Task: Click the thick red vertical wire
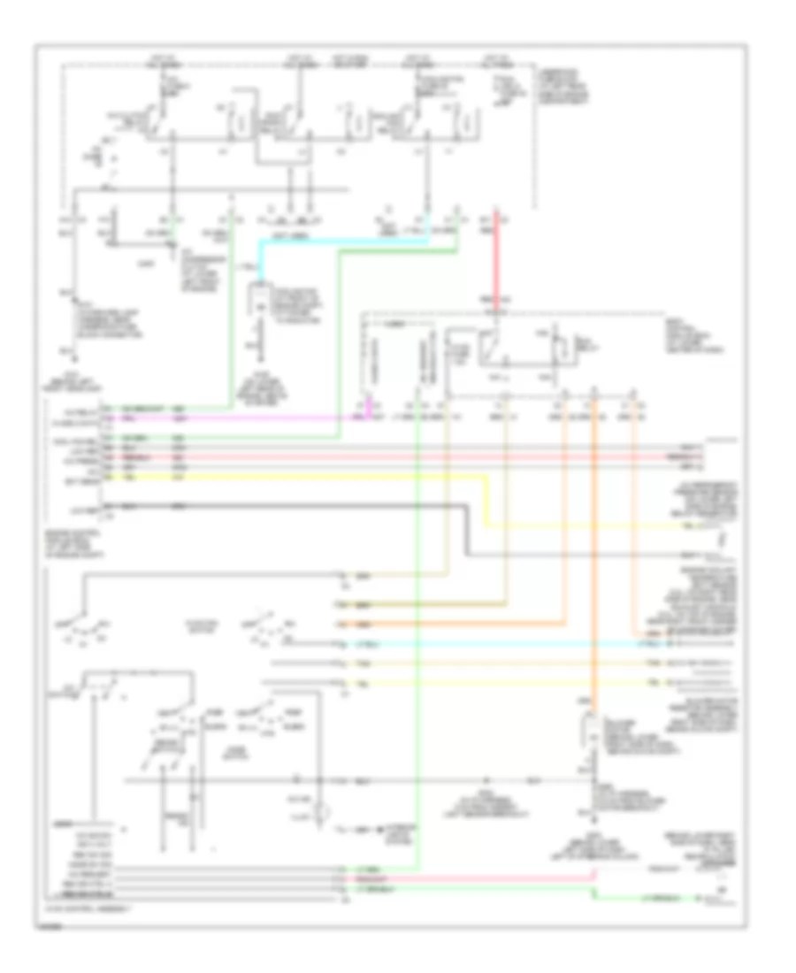pyautogui.click(x=494, y=265)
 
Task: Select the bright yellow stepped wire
pyautogui.click(x=292, y=479)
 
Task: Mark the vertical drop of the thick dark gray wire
pyautogui.click(x=466, y=531)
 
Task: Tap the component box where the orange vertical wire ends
pyautogui.click(x=586, y=734)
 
